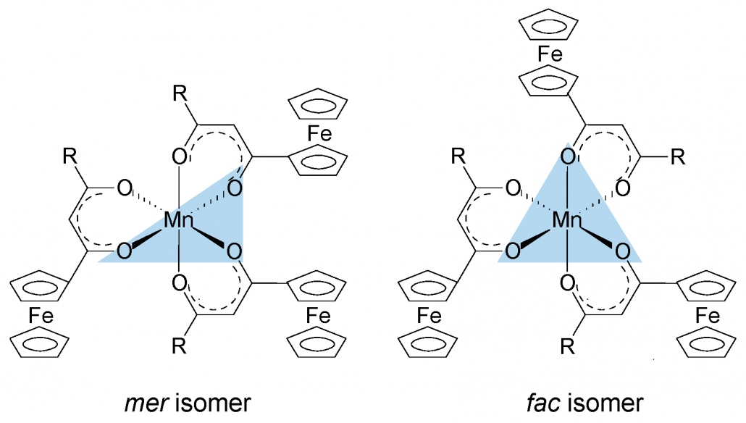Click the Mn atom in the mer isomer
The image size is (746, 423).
179,220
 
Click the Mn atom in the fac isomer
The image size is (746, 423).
568,220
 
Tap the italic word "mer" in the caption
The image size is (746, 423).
146,403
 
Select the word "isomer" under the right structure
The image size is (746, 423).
605,403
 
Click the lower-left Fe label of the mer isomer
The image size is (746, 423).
41,316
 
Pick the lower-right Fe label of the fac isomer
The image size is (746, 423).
708,316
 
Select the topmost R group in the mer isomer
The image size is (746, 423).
180,93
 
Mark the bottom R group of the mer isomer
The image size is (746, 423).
179,346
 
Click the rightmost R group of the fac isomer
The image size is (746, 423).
678,156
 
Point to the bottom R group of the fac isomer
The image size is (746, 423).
568,347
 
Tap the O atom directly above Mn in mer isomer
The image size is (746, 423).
180,156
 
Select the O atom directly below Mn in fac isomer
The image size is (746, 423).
568,284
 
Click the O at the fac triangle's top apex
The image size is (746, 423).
568,156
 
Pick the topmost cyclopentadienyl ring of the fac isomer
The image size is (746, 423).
548,25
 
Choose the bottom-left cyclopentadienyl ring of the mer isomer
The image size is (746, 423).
40,341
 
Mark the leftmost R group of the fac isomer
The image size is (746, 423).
458,156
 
